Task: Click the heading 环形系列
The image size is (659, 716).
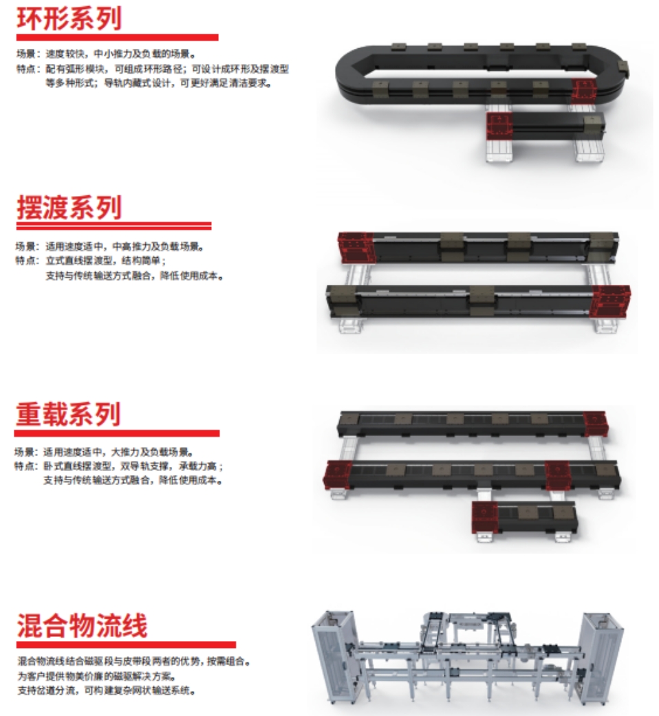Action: (69, 19)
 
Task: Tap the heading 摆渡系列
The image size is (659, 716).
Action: (69, 208)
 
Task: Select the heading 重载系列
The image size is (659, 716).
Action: (68, 414)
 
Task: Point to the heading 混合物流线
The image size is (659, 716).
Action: (83, 626)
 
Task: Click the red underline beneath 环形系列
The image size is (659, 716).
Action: (118, 37)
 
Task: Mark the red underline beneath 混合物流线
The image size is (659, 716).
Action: (126, 644)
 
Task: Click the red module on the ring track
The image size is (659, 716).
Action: (584, 91)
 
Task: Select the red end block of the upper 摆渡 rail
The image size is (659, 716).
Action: (356, 248)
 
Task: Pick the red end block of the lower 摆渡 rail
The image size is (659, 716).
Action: (609, 301)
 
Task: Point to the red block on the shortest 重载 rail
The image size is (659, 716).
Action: (484, 517)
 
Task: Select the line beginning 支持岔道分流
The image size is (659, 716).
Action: (107, 691)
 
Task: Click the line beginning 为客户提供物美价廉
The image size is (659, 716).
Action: (97, 676)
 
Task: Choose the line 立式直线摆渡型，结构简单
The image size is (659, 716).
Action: (106, 261)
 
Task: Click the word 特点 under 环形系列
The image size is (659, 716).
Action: (26, 69)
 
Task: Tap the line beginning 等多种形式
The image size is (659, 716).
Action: (158, 83)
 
